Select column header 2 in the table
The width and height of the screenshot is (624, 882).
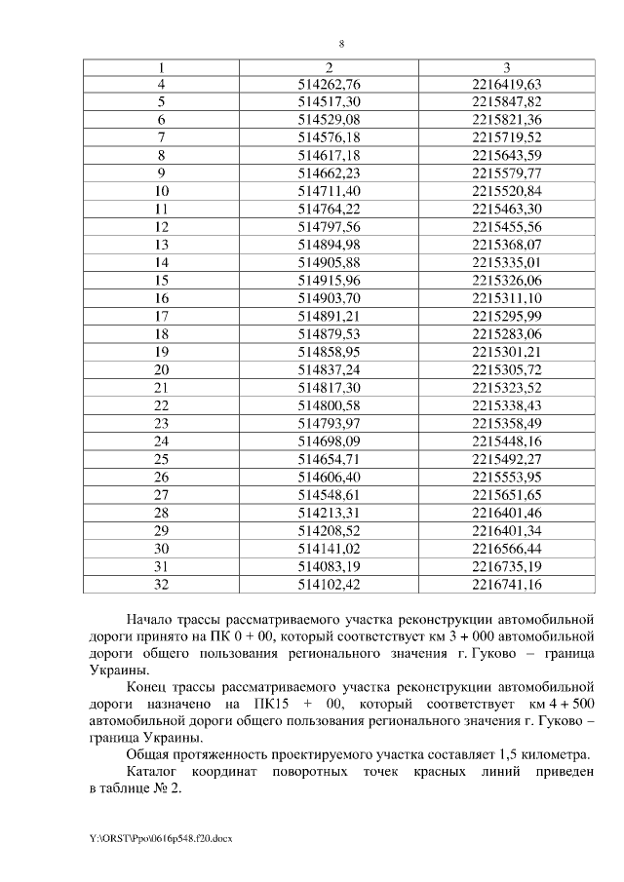point(329,68)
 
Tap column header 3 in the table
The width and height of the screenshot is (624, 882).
point(506,68)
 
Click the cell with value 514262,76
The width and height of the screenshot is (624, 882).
point(329,84)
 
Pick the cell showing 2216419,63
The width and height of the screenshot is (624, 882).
point(506,84)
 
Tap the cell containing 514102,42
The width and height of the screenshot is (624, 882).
point(329,585)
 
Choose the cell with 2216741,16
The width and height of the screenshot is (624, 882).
point(506,585)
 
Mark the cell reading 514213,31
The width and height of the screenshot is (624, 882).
point(329,512)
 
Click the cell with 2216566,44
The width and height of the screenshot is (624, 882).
point(506,549)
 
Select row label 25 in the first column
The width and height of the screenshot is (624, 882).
point(162,458)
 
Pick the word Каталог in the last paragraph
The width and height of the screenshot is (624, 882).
point(155,772)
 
